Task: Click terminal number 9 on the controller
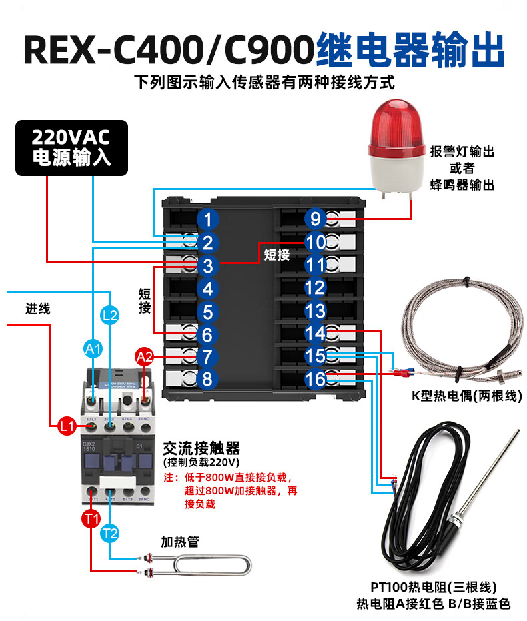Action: (x=315, y=219)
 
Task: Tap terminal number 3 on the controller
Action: (x=208, y=267)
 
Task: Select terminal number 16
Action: (x=315, y=379)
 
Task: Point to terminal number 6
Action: (x=208, y=334)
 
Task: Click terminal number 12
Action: (x=315, y=288)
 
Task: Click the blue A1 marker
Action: (x=93, y=348)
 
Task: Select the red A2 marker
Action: (x=145, y=356)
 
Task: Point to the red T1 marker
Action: (x=91, y=518)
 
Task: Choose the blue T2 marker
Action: (x=111, y=533)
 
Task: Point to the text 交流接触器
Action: (x=201, y=447)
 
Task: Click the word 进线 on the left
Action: (x=38, y=309)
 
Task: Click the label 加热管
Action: (x=180, y=542)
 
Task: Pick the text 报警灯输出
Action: (x=462, y=152)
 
